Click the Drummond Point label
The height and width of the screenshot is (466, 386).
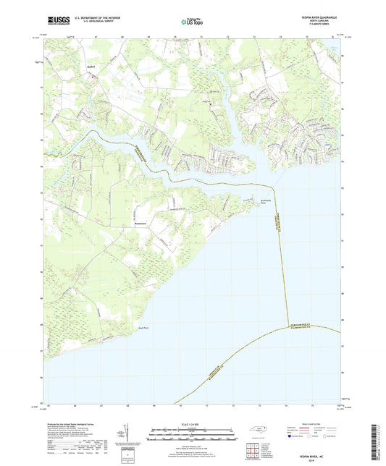click(x=248, y=203)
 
